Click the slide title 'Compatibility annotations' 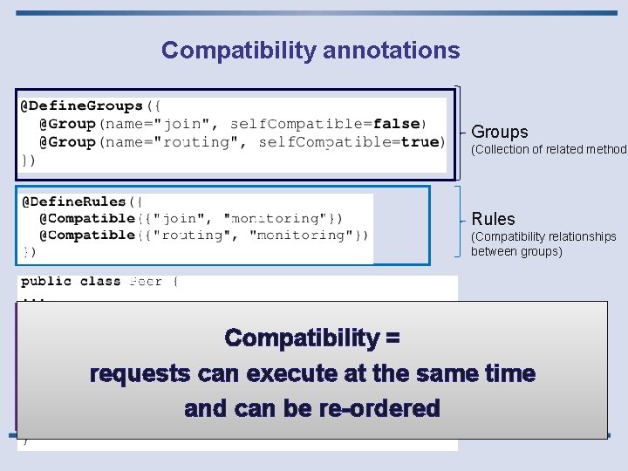point(311,51)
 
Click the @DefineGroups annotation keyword point(82,106)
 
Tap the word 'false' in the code point(398,124)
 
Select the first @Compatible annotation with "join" point(86,218)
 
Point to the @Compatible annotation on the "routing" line point(86,235)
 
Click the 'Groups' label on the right point(500,133)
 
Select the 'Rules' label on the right point(494,219)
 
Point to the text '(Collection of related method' point(549,150)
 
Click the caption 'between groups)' point(516,252)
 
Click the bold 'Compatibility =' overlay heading point(311,338)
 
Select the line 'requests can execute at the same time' point(312,373)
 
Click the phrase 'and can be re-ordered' point(312,408)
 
